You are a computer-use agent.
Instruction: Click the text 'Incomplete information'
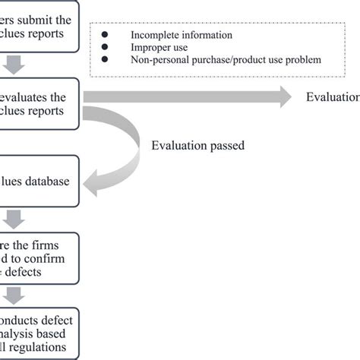(181, 35)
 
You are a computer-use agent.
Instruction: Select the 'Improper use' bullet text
(159, 47)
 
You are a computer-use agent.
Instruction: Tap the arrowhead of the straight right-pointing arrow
(284, 96)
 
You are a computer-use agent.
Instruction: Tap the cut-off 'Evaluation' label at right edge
(333, 96)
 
